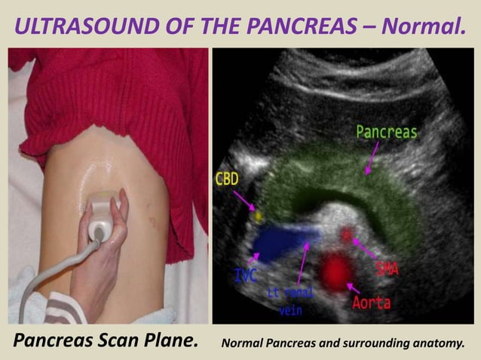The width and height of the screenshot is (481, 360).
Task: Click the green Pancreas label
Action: click(386, 133)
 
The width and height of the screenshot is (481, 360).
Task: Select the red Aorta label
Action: click(371, 303)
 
